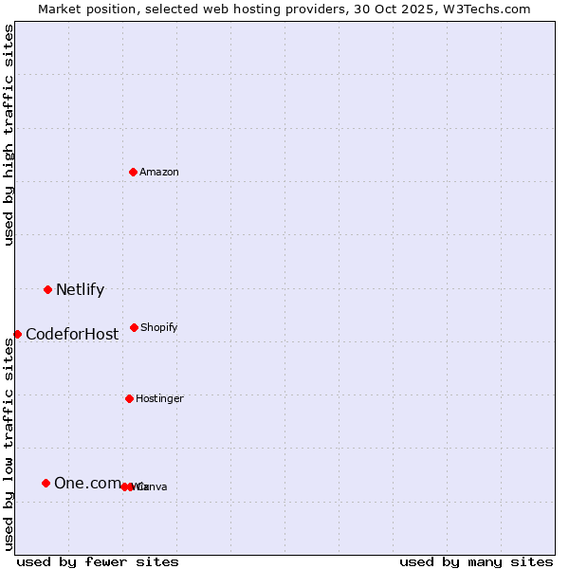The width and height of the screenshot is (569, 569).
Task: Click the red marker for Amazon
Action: tap(134, 172)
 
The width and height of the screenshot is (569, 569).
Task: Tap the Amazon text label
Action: tap(159, 172)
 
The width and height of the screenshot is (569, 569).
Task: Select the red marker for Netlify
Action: tap(47, 289)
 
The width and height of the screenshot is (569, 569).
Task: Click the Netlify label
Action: tap(80, 290)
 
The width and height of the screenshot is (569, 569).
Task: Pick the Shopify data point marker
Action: tap(134, 327)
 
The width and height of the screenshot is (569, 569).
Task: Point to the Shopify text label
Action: tap(159, 327)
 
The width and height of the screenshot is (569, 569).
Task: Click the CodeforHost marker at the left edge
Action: tap(17, 334)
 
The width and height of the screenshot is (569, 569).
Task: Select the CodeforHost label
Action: tap(72, 334)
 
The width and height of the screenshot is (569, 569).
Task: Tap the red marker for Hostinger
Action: tap(129, 398)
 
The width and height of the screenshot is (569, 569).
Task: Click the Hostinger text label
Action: tap(159, 398)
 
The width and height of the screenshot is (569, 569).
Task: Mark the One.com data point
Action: tap(46, 483)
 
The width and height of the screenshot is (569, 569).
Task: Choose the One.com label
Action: tap(86, 484)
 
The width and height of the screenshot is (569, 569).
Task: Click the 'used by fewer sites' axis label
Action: tap(98, 561)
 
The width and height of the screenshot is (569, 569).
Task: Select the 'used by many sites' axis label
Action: tap(476, 561)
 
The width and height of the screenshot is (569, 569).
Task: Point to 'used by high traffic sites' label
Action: tap(9, 135)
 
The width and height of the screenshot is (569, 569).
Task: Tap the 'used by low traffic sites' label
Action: tap(9, 444)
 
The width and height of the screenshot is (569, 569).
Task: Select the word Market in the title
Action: tap(61, 9)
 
